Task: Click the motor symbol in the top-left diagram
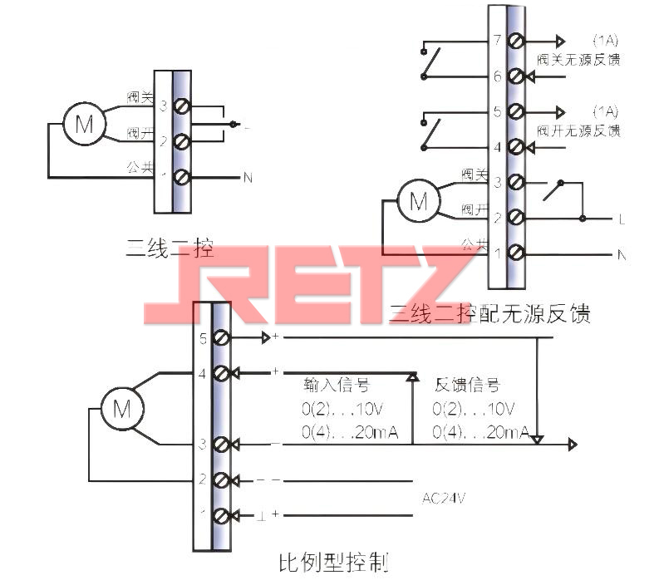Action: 84,125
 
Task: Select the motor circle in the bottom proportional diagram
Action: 121,409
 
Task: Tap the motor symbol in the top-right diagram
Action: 419,201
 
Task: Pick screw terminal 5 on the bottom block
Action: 221,338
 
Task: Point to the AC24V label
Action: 443,497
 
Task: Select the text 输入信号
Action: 337,386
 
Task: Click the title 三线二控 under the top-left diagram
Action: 169,247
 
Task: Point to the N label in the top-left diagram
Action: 247,177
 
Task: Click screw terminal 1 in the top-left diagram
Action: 179,177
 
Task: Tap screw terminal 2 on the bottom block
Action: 221,479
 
